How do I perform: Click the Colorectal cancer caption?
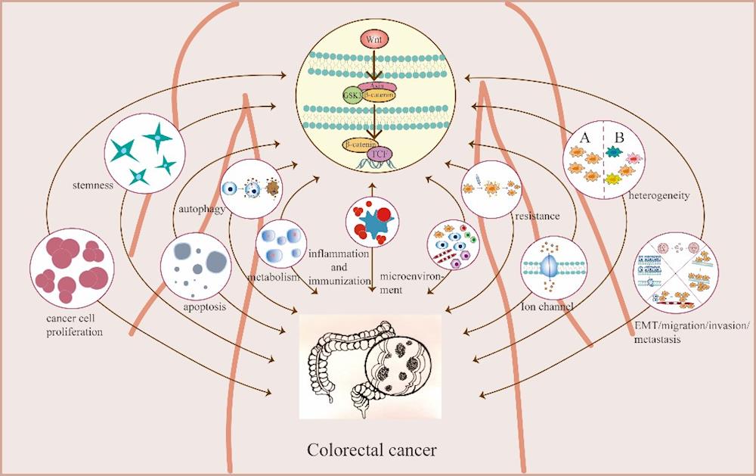pos(372,450)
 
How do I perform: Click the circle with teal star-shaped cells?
pos(145,155)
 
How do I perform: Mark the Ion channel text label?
pos(547,307)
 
